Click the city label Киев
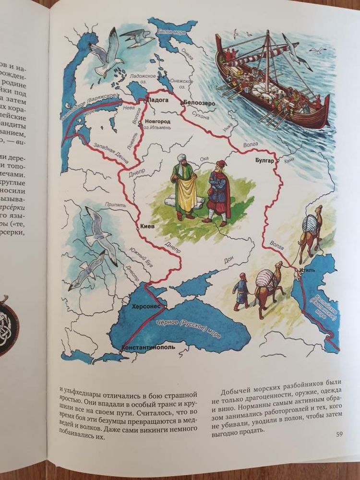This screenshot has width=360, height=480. [x=147, y=227]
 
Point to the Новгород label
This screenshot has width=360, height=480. [x=157, y=122]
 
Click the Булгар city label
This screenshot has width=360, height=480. [x=264, y=161]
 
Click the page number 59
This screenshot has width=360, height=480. [x=339, y=434]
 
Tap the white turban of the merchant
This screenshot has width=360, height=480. [x=181, y=158]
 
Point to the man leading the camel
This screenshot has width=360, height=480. [x=241, y=291]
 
